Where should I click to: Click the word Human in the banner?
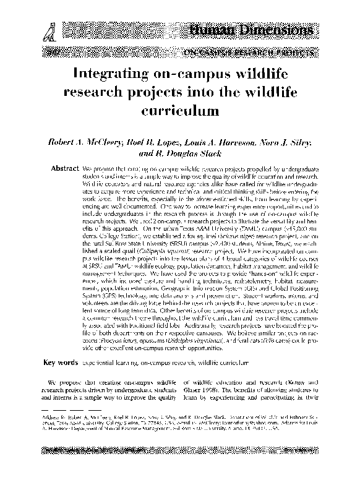(x=212, y=30)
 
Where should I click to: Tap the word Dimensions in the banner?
(x=277, y=30)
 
